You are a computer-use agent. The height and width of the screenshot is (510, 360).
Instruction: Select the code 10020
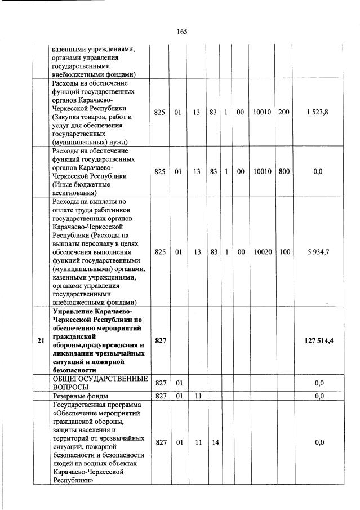click(260, 252)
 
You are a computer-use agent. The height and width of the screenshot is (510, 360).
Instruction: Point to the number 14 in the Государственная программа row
click(215, 442)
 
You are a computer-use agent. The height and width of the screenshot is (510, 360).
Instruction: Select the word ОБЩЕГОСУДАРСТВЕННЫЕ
click(100, 379)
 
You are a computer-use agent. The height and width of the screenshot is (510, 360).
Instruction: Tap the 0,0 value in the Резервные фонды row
click(319, 396)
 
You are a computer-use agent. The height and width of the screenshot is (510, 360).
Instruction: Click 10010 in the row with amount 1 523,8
click(260, 113)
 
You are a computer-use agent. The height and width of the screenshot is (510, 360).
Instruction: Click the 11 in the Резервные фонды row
click(197, 396)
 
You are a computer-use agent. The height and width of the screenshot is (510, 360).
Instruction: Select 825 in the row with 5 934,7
click(159, 252)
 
